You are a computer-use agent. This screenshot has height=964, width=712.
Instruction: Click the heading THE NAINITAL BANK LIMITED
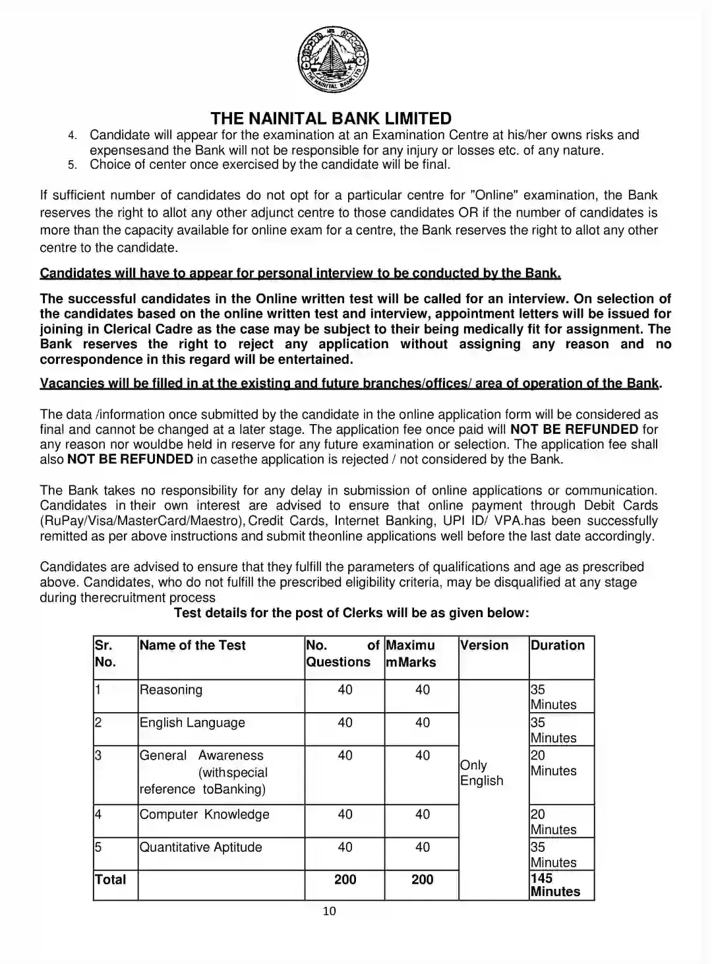tap(331, 119)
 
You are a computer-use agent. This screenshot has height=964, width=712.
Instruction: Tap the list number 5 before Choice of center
tap(73, 165)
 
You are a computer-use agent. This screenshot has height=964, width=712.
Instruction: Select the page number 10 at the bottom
tap(330, 911)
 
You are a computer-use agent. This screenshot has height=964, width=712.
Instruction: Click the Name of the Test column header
tap(193, 646)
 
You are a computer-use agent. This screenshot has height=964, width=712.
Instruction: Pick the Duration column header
tap(557, 646)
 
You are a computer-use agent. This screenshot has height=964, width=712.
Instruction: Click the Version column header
tap(484, 646)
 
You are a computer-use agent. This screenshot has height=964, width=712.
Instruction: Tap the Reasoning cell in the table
tap(171, 690)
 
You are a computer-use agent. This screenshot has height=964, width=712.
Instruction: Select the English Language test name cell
tap(192, 723)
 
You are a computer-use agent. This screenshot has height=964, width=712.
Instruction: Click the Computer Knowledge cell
tap(204, 814)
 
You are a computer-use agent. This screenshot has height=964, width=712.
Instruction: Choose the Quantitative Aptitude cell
tap(200, 847)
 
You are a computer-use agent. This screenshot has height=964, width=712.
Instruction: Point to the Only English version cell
tap(481, 773)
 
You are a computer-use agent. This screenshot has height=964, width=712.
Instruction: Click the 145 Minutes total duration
tap(555, 885)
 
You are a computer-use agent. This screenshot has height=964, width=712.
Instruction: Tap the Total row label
tap(110, 880)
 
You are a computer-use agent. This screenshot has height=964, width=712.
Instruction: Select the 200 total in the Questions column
tap(345, 880)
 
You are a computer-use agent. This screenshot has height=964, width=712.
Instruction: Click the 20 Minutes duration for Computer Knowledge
tap(553, 822)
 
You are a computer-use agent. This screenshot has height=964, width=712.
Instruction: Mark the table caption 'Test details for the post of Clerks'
tap(351, 613)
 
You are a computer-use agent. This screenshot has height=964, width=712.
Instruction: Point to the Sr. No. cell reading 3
tap(98, 756)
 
